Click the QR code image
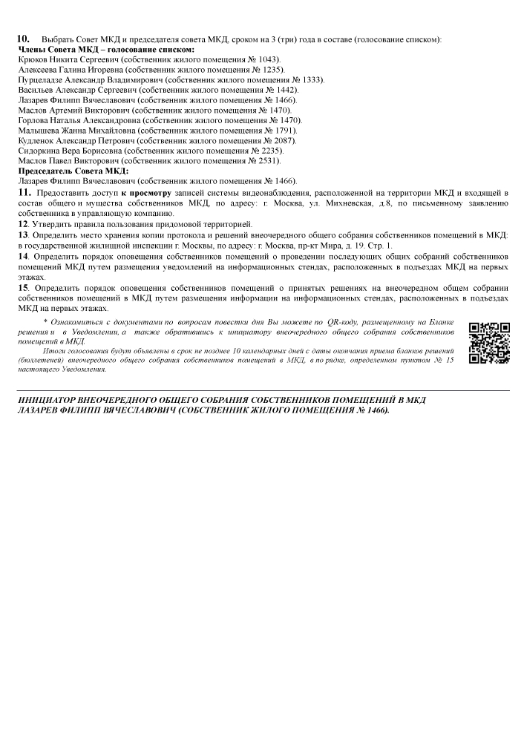coord(489,343)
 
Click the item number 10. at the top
coord(22,38)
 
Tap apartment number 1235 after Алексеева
coord(262,69)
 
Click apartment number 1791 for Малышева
coord(282,130)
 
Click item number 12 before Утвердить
coord(23,223)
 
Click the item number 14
coord(23,255)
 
